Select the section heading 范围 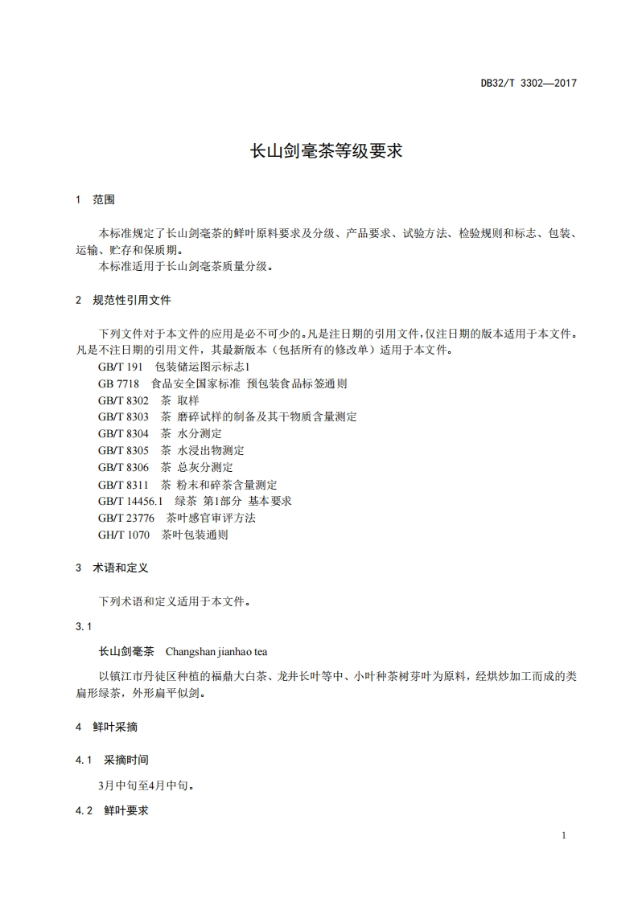(104, 199)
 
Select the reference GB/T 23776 (126, 518)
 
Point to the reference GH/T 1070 (124, 535)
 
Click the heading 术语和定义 (121, 568)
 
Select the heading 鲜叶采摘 (115, 727)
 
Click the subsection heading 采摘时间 (126, 760)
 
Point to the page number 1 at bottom (564, 835)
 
